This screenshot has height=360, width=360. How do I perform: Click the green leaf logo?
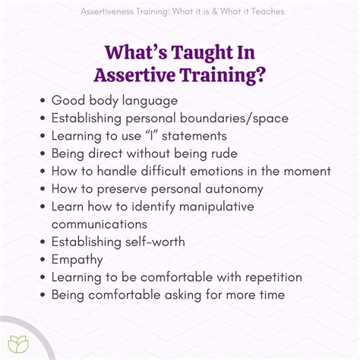click(x=17, y=343)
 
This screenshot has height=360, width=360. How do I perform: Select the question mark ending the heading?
click(x=261, y=75)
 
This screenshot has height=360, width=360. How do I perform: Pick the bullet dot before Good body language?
click(x=40, y=101)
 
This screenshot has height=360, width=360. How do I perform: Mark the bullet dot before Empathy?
click(x=40, y=260)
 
